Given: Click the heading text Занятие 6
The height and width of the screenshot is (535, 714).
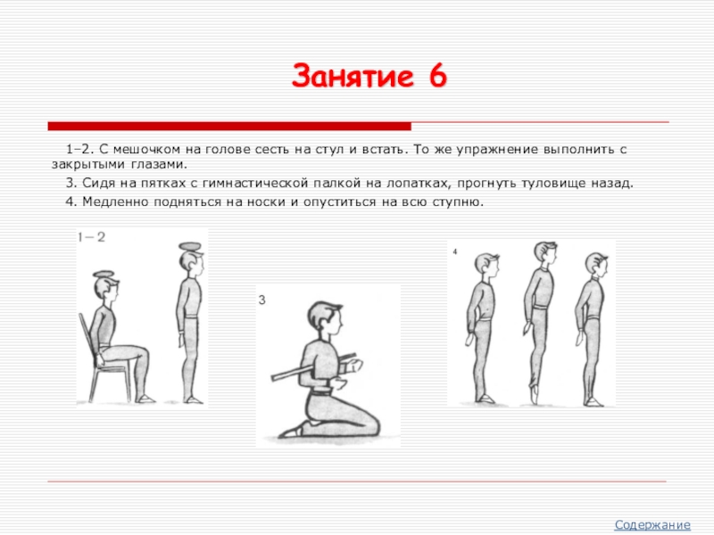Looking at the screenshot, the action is (x=369, y=76).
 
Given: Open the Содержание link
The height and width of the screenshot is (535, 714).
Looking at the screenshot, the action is (x=652, y=524).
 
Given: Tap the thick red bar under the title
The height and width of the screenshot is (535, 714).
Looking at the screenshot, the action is (x=229, y=126).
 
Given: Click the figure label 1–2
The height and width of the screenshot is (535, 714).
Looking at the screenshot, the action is (x=91, y=237).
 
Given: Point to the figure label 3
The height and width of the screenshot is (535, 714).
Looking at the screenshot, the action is (x=262, y=300).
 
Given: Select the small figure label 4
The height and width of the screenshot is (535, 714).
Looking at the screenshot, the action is (x=455, y=251).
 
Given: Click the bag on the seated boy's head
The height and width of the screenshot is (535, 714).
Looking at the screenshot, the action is (x=104, y=275).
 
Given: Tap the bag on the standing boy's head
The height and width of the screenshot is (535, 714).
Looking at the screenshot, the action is (x=189, y=247).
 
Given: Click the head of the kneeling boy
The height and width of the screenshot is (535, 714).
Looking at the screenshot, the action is (x=325, y=321).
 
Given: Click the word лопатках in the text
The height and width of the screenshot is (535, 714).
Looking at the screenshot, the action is (x=418, y=184).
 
